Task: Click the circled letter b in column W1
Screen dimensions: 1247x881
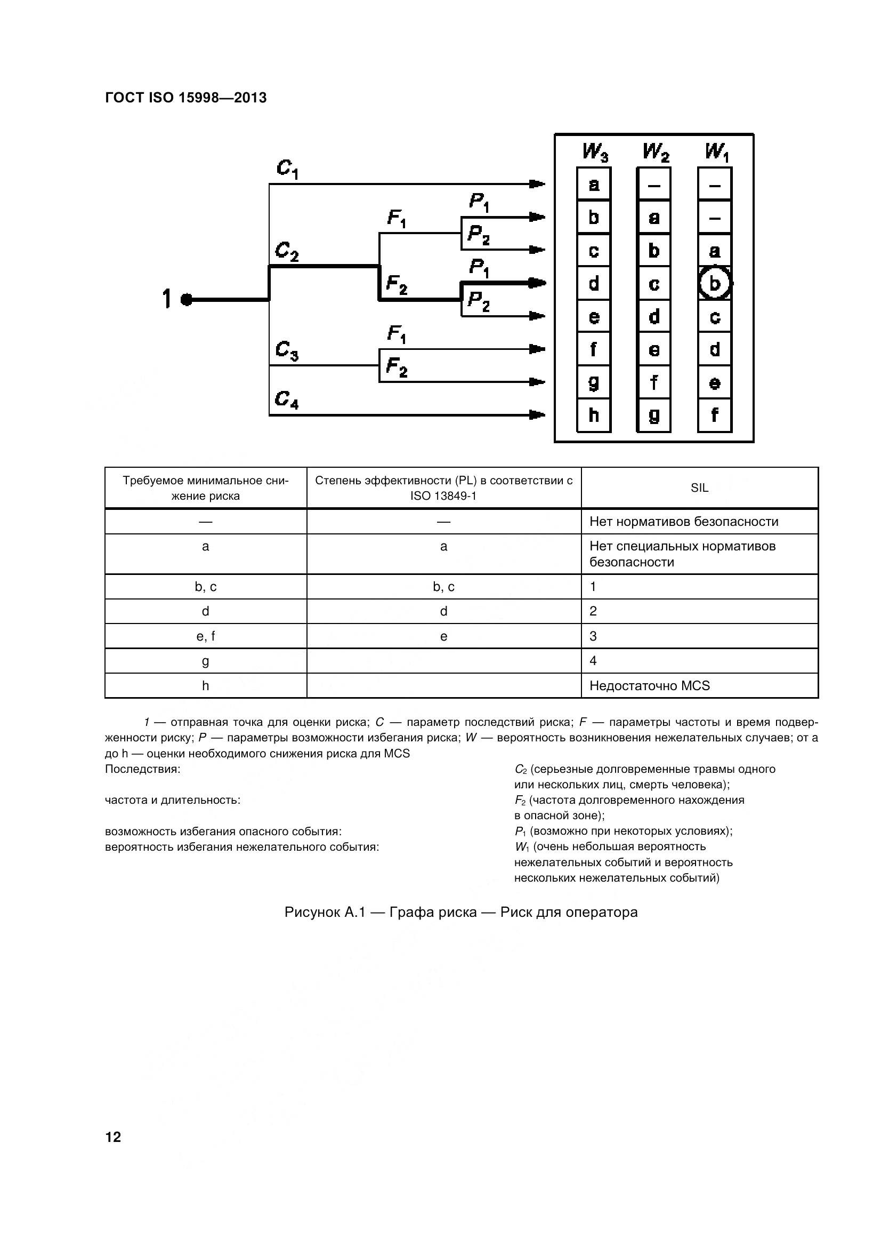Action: click(714, 283)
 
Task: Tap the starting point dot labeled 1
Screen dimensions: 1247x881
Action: click(186, 299)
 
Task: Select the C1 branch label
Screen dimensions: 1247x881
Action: click(287, 169)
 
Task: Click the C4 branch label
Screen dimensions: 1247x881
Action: click(287, 399)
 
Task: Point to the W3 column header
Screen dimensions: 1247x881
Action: click(595, 152)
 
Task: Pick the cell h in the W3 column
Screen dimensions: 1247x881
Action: click(594, 415)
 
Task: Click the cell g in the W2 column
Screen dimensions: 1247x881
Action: click(654, 415)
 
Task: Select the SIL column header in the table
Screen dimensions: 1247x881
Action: click(699, 487)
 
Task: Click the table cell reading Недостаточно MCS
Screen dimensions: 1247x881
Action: click(649, 685)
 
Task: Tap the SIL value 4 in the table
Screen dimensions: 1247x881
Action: click(593, 660)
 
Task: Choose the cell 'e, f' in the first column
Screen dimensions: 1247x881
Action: click(205, 636)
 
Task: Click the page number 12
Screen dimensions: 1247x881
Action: click(114, 1137)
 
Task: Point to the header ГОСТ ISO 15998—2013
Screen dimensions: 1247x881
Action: click(185, 98)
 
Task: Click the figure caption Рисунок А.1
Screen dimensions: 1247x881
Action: click(460, 912)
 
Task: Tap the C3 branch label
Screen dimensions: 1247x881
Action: click(287, 350)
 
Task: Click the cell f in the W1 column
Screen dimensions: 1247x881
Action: click(714, 415)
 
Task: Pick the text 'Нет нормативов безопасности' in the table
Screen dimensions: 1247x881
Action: click(683, 522)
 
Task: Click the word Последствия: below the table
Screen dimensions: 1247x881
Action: click(142, 769)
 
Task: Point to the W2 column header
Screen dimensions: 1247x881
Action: click(655, 152)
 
